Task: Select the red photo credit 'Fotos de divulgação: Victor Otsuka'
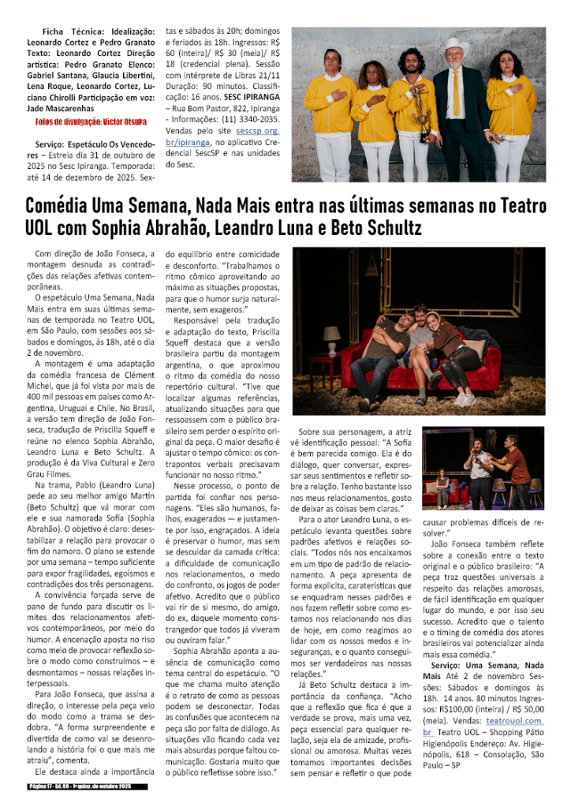(x=91, y=121)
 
